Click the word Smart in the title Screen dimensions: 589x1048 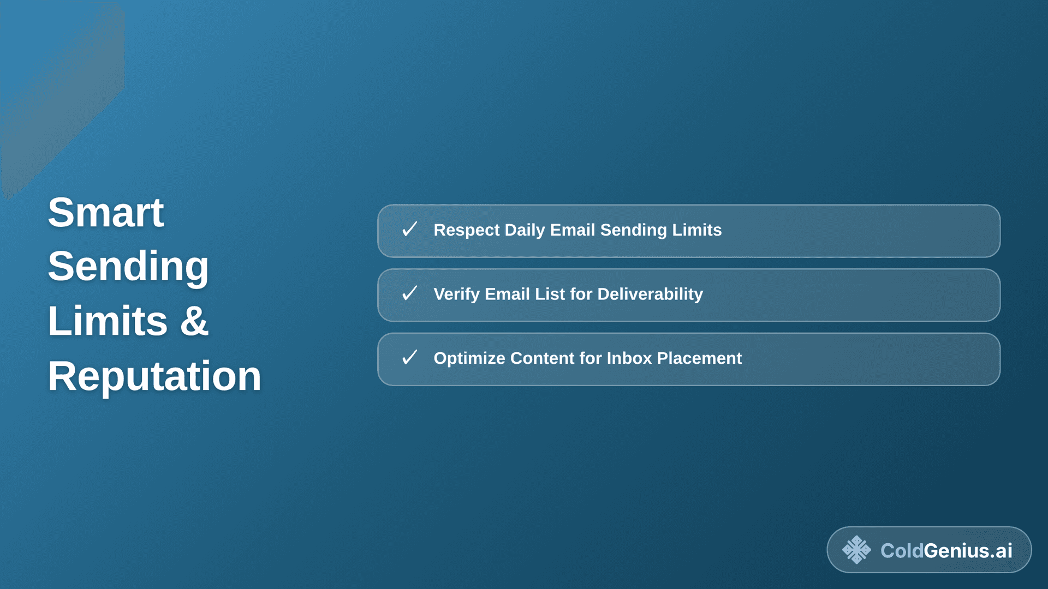[x=105, y=212]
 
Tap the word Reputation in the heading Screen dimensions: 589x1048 [x=154, y=376]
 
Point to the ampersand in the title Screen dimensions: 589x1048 [x=194, y=321]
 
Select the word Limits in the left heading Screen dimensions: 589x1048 [x=108, y=321]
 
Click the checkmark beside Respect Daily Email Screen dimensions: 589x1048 [x=409, y=230]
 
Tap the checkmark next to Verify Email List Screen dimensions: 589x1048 [x=409, y=294]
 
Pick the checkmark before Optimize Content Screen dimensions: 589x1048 [x=409, y=358]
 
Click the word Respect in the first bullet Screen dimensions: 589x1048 [x=466, y=230]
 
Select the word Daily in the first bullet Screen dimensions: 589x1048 [x=524, y=230]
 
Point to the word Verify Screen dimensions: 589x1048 [x=456, y=294]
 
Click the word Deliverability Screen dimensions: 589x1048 [x=650, y=294]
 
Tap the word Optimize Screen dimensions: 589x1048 [x=469, y=358]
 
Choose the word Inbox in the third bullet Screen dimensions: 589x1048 [x=629, y=358]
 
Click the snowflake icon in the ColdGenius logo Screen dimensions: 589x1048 [x=856, y=550]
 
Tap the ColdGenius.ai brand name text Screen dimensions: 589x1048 [x=946, y=551]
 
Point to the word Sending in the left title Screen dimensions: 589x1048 [x=128, y=267]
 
